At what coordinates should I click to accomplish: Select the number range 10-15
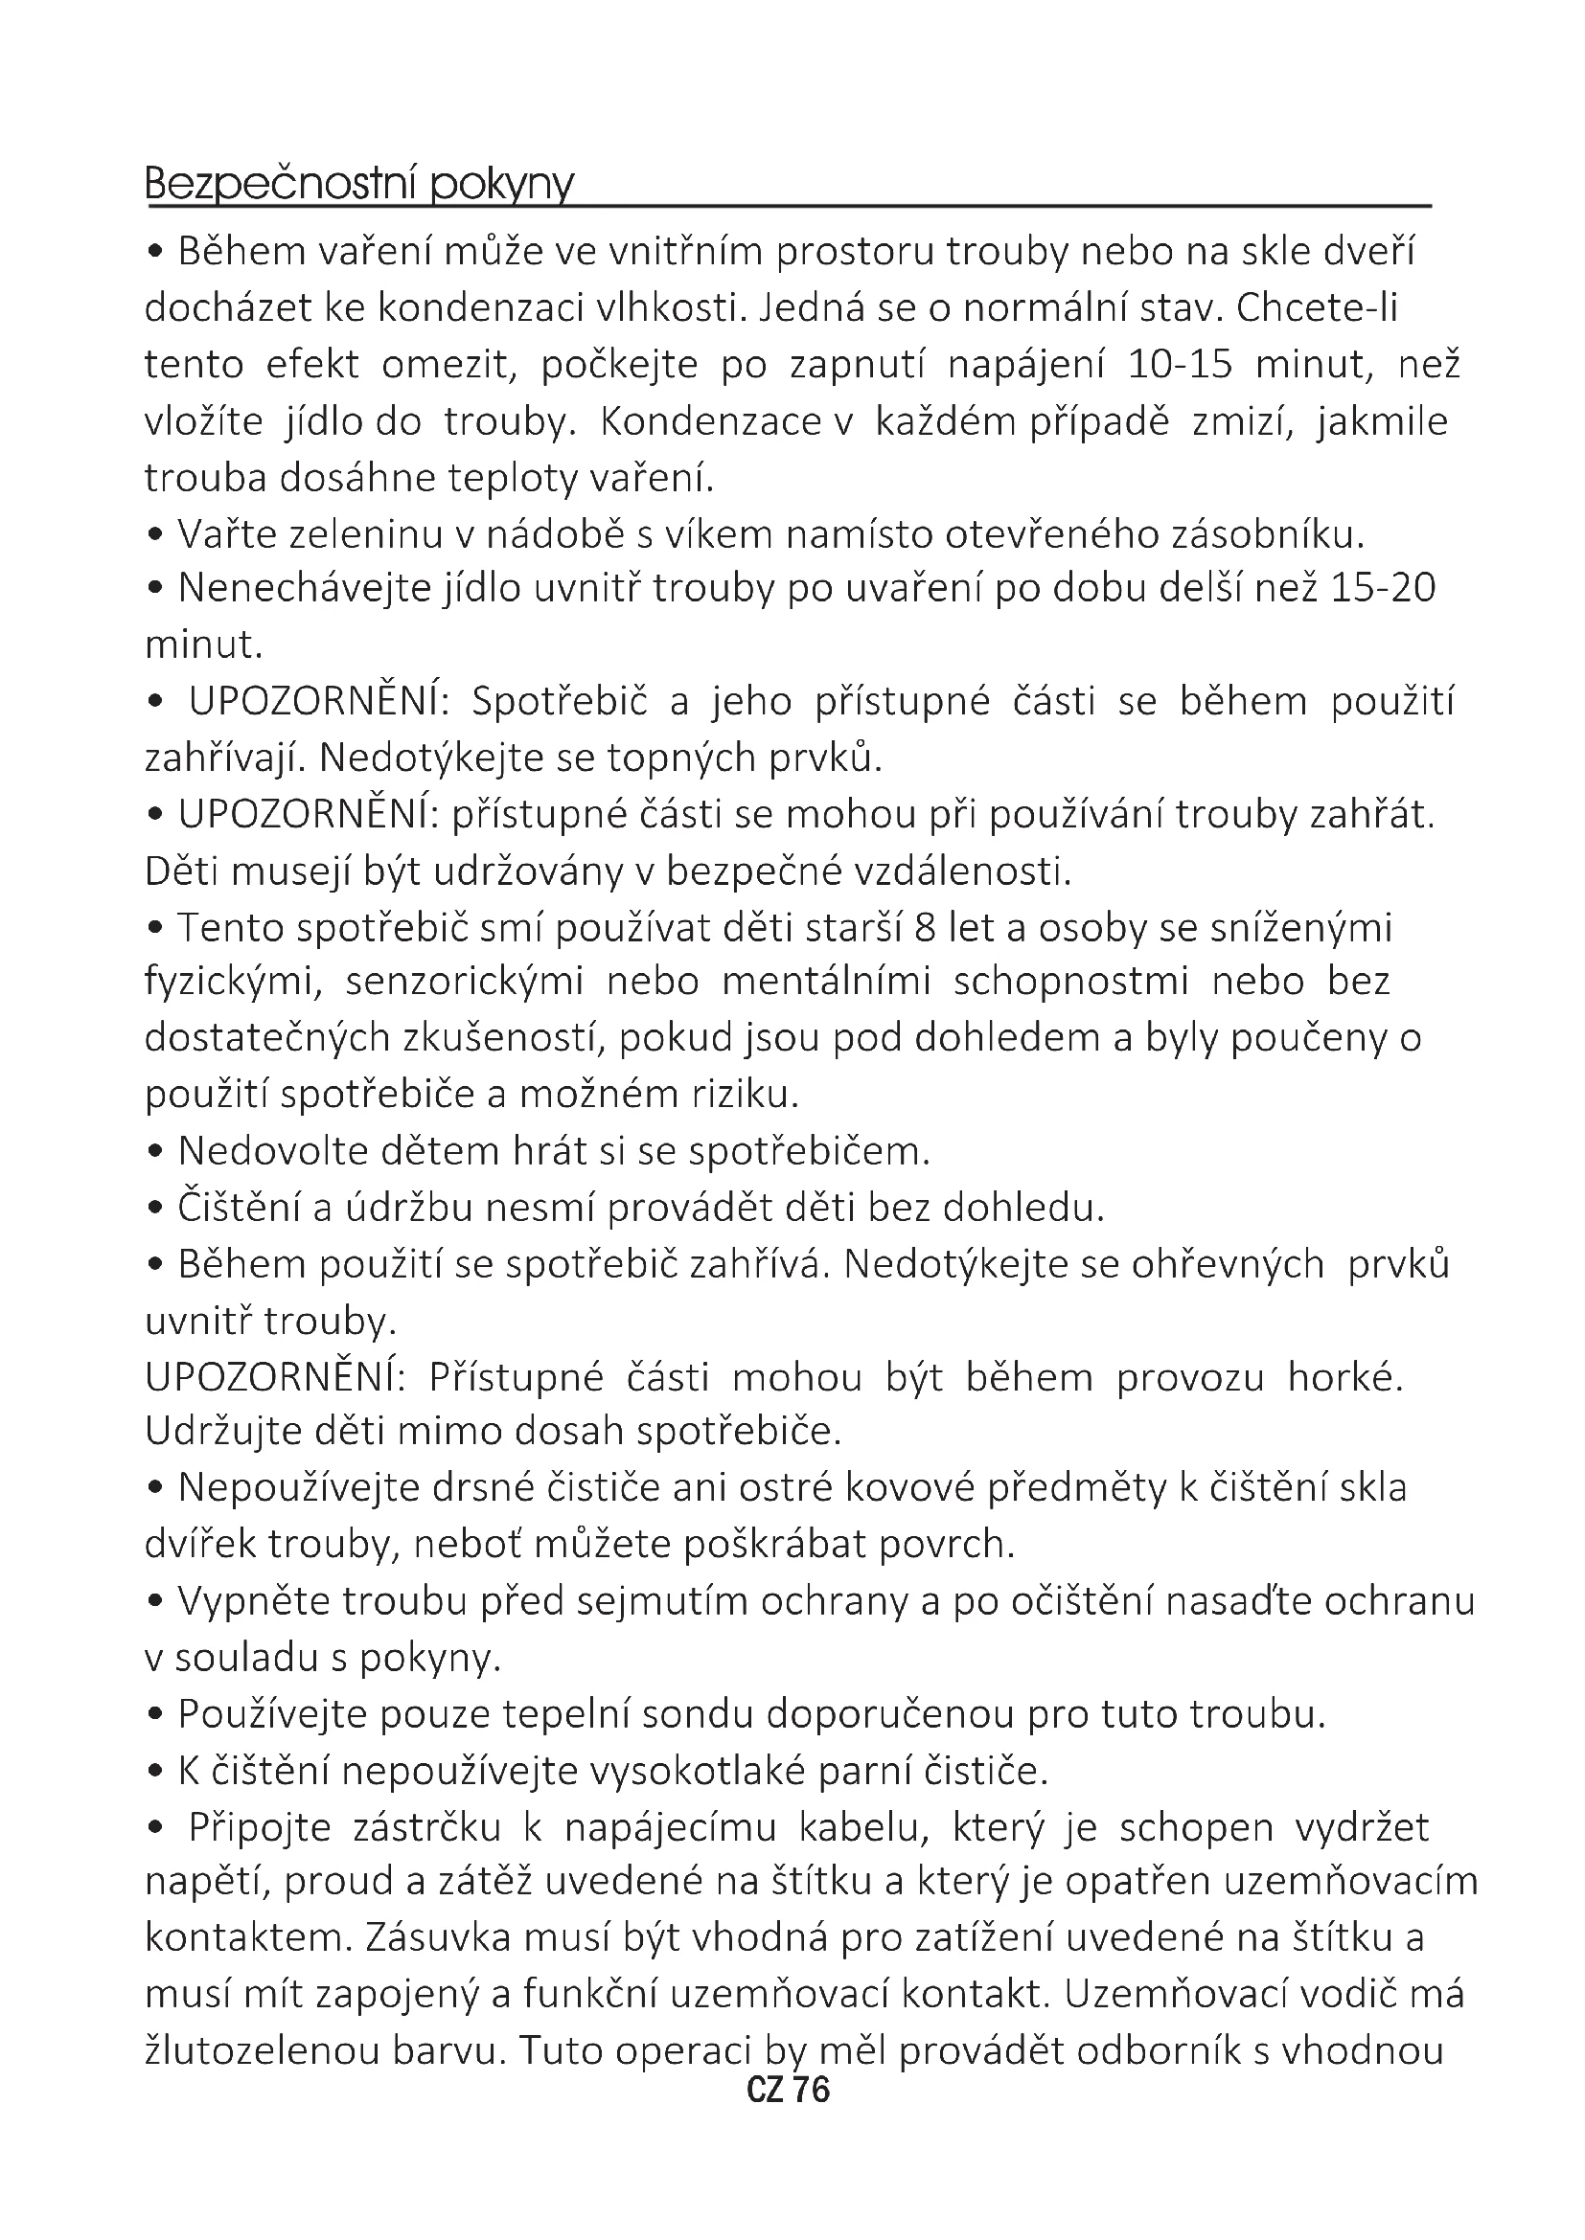1180,364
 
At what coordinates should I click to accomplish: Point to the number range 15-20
1383,588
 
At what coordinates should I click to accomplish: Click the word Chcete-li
1318,307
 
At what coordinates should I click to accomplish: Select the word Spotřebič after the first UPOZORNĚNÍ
560,701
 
